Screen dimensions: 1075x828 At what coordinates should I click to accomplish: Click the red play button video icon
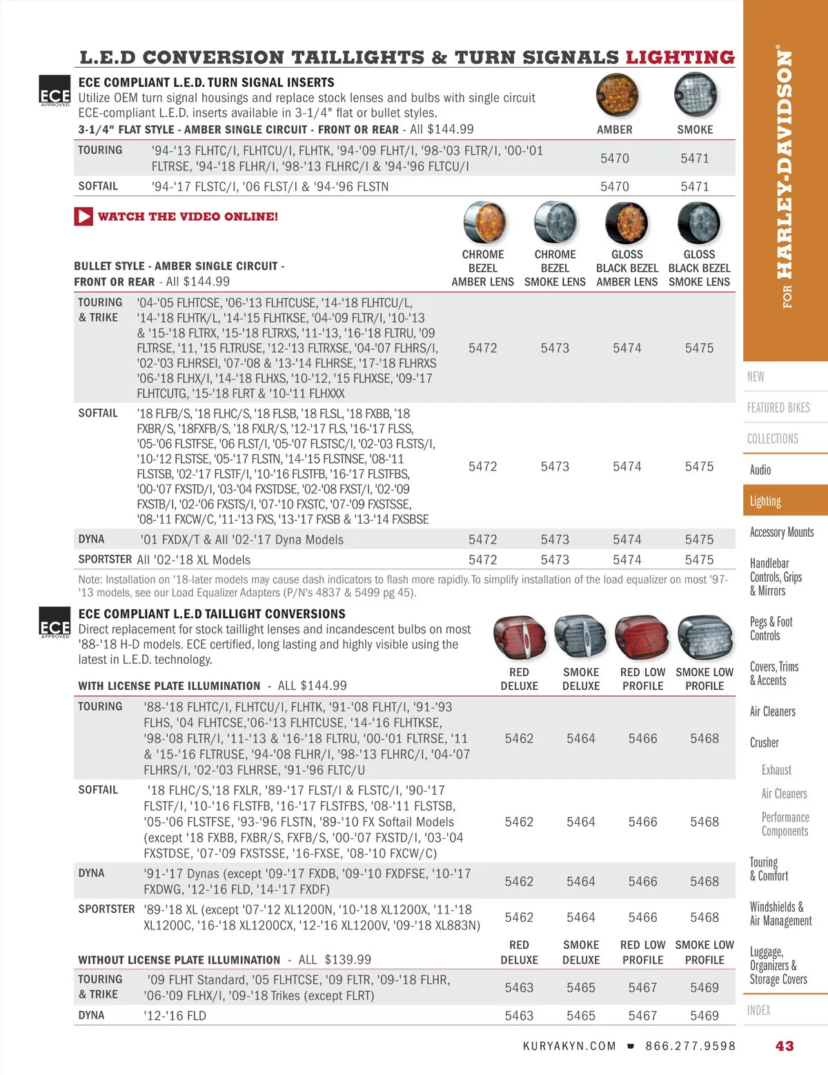point(83,217)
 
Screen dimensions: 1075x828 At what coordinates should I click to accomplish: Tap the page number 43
point(785,1046)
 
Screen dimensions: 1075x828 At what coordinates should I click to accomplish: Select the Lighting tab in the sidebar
point(765,501)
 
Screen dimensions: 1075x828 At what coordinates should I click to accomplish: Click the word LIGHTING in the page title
point(680,57)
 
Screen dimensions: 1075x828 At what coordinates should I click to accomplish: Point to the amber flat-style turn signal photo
point(617,95)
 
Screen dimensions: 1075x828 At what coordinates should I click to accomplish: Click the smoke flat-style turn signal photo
point(696,95)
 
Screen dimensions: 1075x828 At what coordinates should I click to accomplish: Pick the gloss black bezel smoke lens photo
point(699,223)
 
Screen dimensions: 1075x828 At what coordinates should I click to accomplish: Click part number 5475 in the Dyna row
point(699,540)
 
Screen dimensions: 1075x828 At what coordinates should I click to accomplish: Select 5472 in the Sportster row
point(482,560)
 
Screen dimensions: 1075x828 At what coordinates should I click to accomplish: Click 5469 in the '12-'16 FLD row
point(704,1016)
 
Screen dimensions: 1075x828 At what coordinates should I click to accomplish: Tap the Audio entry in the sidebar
point(760,470)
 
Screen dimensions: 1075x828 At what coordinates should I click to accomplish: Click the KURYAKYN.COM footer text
point(569,1046)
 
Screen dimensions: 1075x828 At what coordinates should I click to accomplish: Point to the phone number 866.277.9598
point(690,1046)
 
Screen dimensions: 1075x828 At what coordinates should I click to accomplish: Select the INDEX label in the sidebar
point(758,1010)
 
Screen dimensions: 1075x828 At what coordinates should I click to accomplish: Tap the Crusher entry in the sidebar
point(764,742)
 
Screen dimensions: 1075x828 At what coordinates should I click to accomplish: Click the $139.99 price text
point(348,960)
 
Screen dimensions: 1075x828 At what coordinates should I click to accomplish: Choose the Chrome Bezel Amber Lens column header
point(482,268)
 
